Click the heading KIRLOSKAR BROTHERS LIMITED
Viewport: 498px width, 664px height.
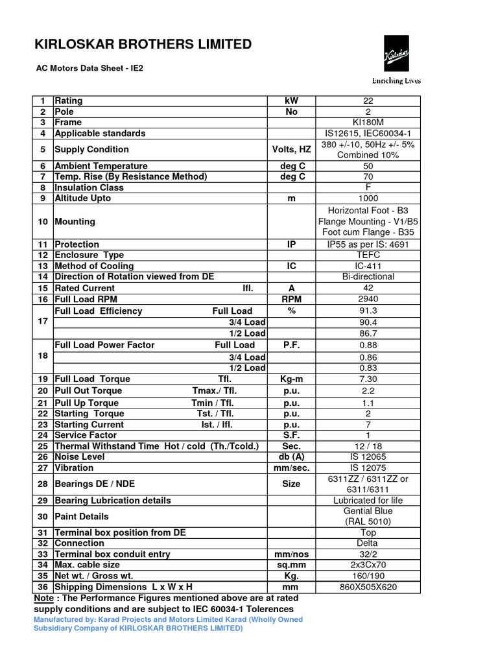tap(143, 44)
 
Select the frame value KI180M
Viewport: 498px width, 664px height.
tap(368, 123)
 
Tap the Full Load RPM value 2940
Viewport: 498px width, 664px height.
tap(368, 300)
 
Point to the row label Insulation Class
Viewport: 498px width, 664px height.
tap(89, 187)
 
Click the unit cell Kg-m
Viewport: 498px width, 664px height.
tap(291, 379)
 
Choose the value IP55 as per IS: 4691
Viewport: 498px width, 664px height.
tap(368, 244)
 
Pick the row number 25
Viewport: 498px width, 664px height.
tap(43, 446)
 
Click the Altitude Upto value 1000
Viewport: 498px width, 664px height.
tap(368, 198)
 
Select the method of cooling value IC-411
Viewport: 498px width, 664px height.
tap(368, 266)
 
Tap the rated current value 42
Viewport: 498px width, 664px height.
tap(368, 288)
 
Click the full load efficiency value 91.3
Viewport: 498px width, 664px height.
tap(368, 311)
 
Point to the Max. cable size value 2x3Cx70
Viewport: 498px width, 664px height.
tap(368, 565)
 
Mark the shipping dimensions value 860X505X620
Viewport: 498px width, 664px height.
tap(368, 587)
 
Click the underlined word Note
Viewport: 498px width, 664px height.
tap(43, 598)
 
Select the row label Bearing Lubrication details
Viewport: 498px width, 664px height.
tap(113, 501)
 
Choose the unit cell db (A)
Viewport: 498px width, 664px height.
tap(291, 457)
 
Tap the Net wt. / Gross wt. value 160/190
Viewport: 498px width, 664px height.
tap(368, 576)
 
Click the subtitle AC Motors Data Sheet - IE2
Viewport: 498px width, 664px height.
tap(89, 67)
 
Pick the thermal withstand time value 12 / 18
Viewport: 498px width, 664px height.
tap(368, 446)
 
